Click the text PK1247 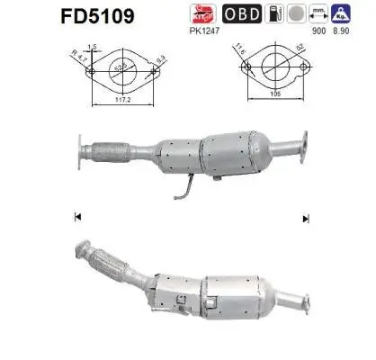coord(205,31)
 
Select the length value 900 coord(318,31)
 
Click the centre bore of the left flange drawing coord(130,67)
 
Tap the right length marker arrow coord(306,217)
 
